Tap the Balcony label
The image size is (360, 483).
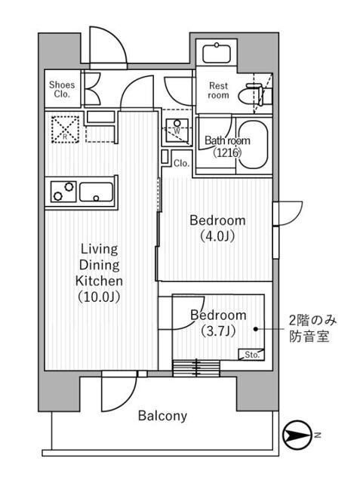point(162,416)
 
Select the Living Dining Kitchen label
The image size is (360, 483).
point(98,272)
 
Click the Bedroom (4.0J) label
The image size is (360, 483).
point(217,228)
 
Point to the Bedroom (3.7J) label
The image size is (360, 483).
point(217,321)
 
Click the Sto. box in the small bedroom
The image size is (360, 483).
point(251,354)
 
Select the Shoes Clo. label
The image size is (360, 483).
point(61,89)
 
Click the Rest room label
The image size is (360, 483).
point(218,91)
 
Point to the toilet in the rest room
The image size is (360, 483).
point(249,95)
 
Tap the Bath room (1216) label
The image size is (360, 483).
point(224,146)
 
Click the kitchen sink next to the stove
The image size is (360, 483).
point(96,192)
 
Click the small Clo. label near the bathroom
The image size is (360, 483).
point(181,162)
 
